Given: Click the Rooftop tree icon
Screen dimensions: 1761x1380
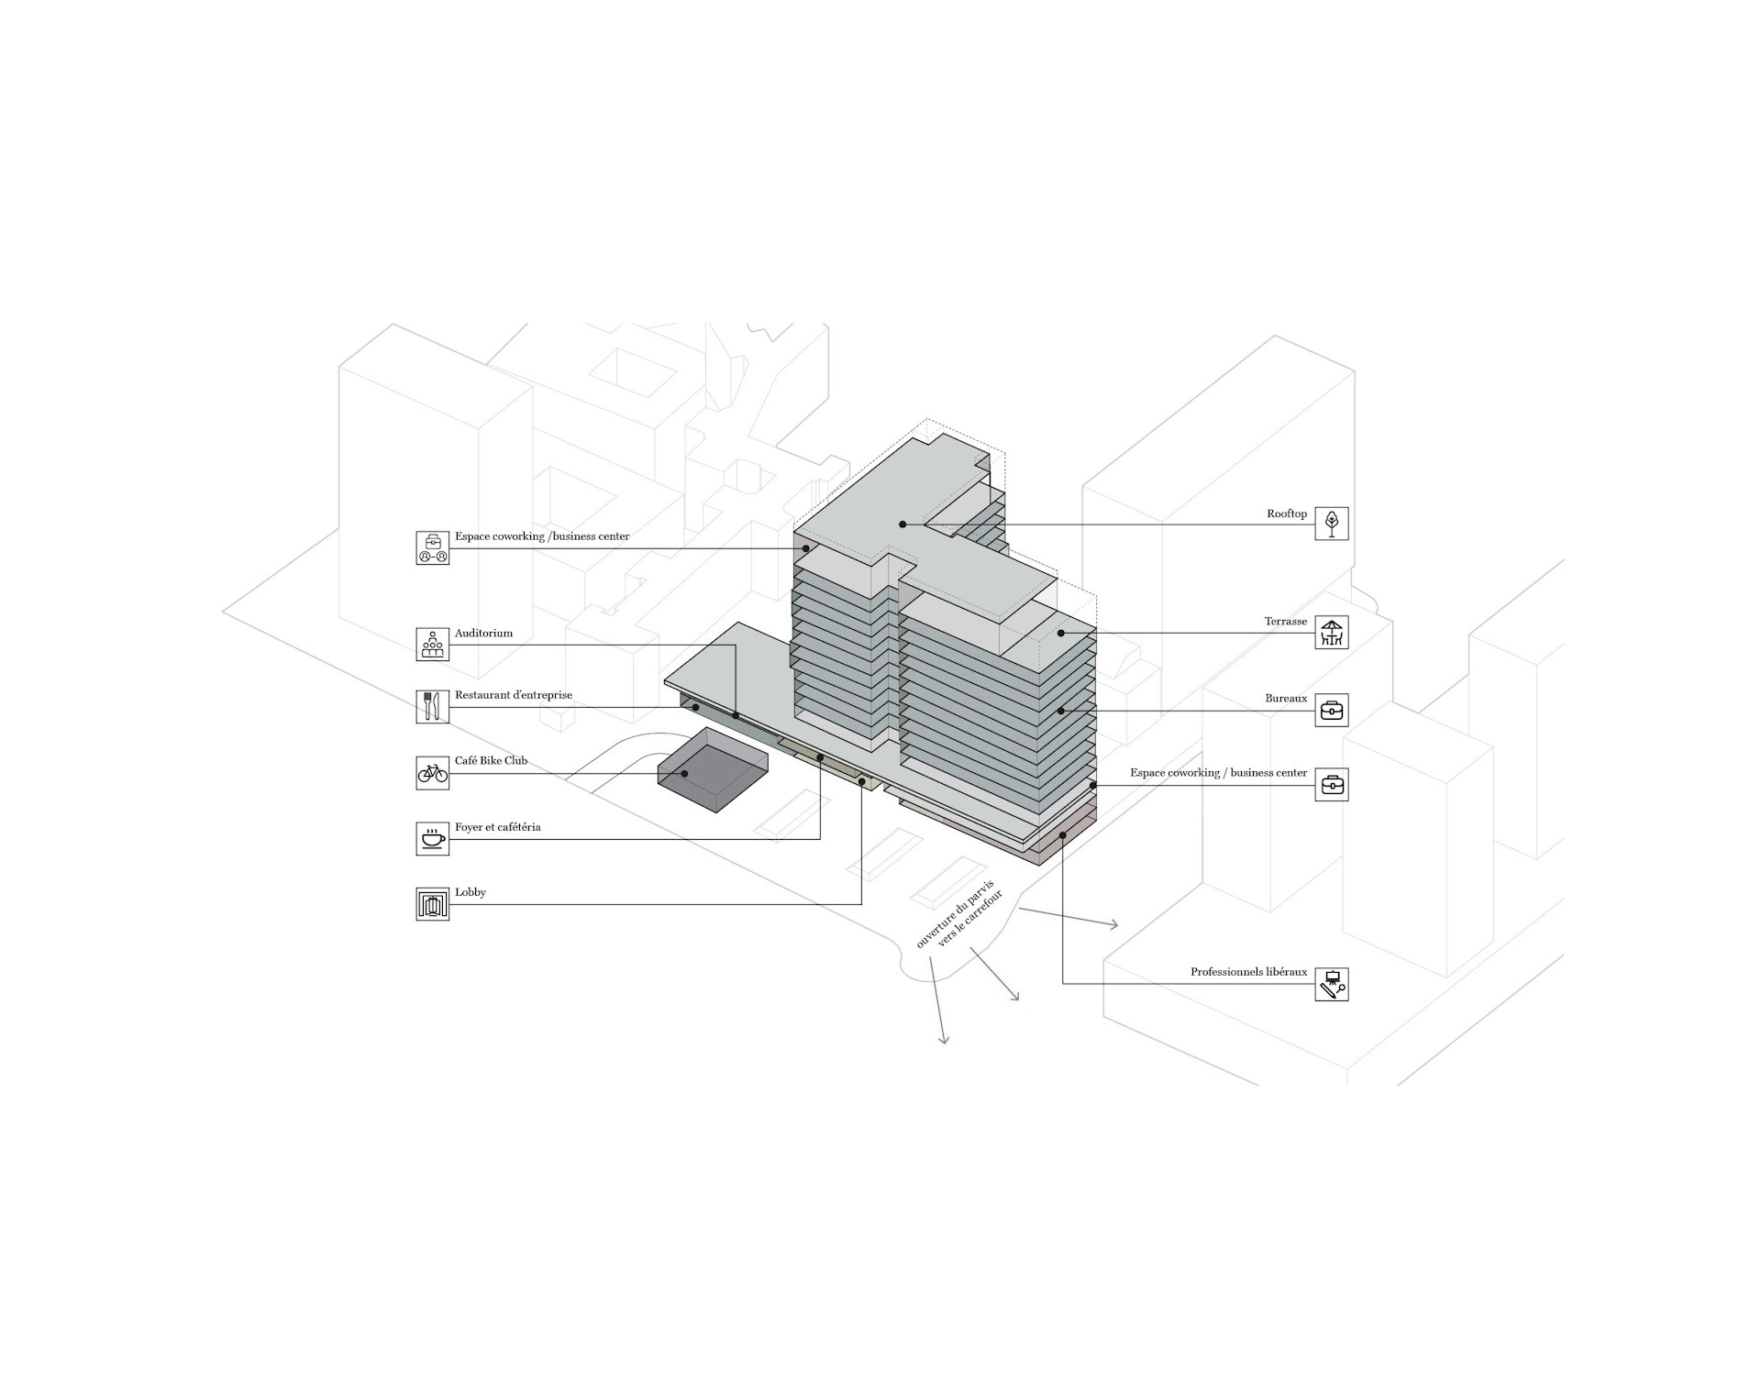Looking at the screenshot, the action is point(1331,524).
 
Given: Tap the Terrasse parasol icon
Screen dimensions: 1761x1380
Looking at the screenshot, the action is point(1331,633).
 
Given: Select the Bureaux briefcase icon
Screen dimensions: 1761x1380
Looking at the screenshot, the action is point(1331,710).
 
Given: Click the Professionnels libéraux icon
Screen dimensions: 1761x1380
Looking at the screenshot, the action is point(1331,984).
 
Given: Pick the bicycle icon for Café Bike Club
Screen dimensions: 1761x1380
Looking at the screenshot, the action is point(433,773).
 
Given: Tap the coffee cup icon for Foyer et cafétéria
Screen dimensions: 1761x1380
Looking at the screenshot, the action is point(433,838).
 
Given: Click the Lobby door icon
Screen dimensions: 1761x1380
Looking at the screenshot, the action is point(433,904).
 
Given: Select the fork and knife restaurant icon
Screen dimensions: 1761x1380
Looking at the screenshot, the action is point(433,706).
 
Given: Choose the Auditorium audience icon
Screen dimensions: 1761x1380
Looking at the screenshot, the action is point(433,645).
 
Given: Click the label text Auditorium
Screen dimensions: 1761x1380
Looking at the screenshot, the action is point(483,634).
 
